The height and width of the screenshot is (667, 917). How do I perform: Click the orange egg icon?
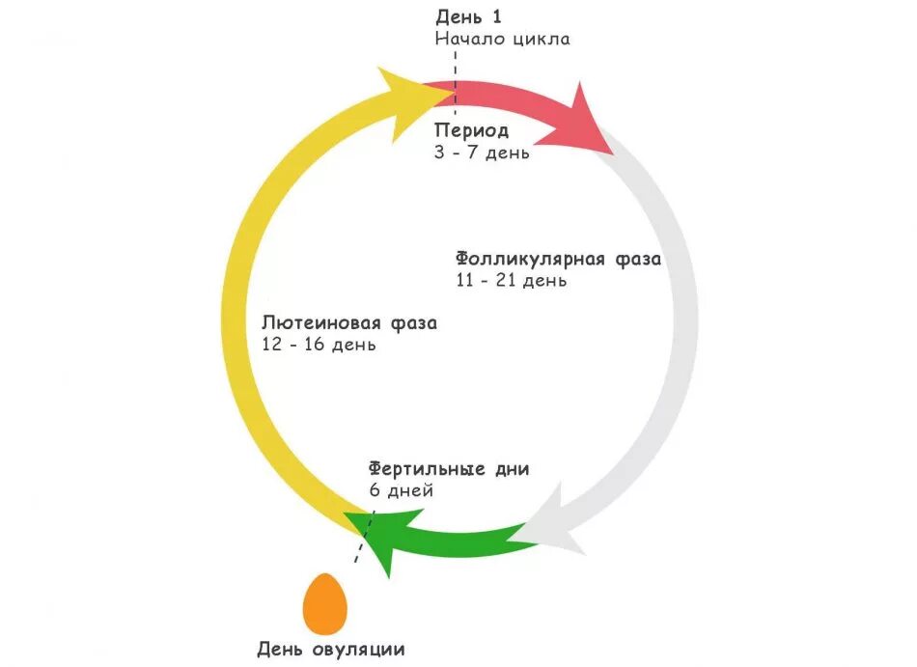(x=324, y=603)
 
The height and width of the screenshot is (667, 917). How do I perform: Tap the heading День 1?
(x=468, y=16)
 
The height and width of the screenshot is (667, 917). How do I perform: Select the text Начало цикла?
(x=502, y=40)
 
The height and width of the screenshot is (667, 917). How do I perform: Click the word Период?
(x=471, y=130)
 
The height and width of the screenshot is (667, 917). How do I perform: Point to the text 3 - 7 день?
(x=482, y=153)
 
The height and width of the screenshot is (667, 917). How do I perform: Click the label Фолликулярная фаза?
(x=558, y=259)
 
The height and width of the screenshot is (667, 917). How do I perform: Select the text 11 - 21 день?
(x=512, y=281)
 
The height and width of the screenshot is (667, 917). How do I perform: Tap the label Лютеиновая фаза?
(x=348, y=323)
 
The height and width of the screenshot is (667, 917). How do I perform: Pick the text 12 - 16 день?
(x=319, y=345)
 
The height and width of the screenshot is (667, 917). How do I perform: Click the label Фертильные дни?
(x=449, y=469)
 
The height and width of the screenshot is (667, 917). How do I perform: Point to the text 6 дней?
(x=401, y=490)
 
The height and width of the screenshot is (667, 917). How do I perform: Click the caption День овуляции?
(x=331, y=650)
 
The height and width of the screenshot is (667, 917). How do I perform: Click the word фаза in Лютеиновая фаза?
(x=413, y=323)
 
